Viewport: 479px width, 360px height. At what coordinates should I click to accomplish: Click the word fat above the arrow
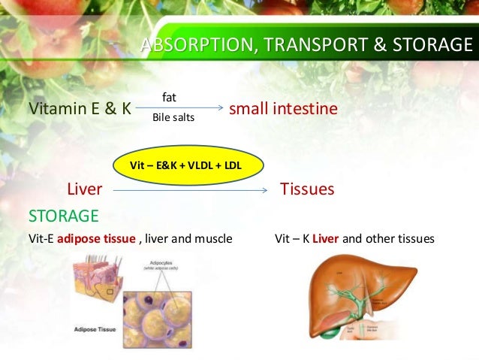(x=169, y=97)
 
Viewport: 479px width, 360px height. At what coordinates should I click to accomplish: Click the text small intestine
(x=283, y=109)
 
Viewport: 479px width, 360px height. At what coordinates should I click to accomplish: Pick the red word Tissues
(x=306, y=189)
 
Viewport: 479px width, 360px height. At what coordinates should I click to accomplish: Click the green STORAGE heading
(x=63, y=216)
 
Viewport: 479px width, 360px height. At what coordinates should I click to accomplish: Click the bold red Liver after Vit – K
(x=325, y=239)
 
